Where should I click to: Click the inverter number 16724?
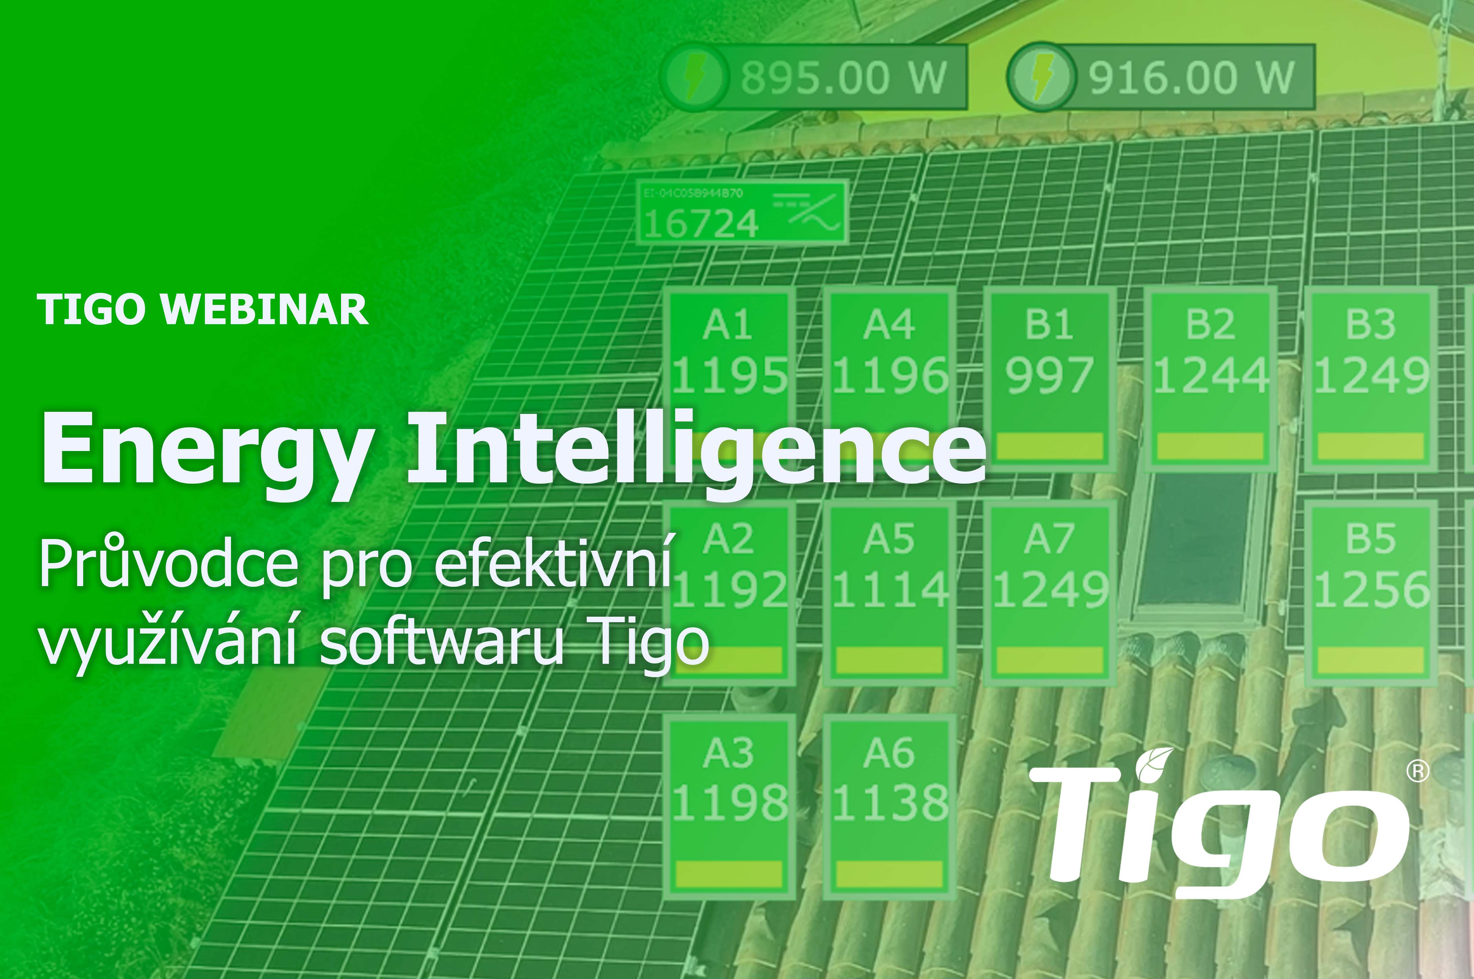coord(701,223)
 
